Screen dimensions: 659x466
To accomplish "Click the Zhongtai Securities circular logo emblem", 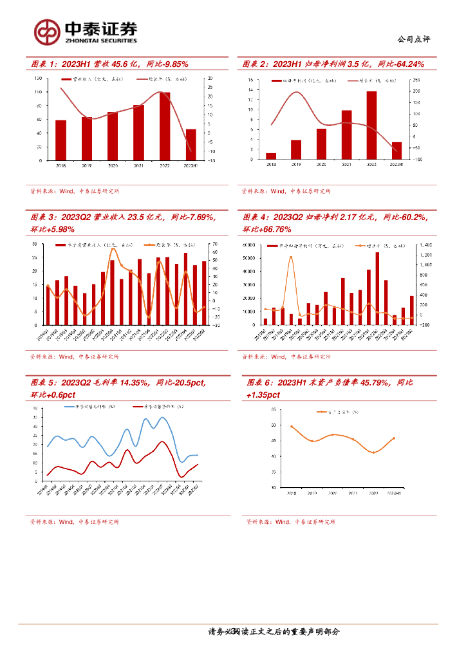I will coord(46,32).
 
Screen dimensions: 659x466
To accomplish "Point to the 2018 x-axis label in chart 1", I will coord(61,166).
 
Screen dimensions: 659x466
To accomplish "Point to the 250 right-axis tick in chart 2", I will coord(416,80).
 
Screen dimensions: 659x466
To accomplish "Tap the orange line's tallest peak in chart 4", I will coord(291,257).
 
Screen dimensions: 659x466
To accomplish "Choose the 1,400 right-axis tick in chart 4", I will coord(426,245).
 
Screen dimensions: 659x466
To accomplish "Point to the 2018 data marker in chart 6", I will coord(292,427).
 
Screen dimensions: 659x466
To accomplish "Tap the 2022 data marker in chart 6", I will coord(372,452).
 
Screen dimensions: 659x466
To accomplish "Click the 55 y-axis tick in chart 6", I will coord(274,409).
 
